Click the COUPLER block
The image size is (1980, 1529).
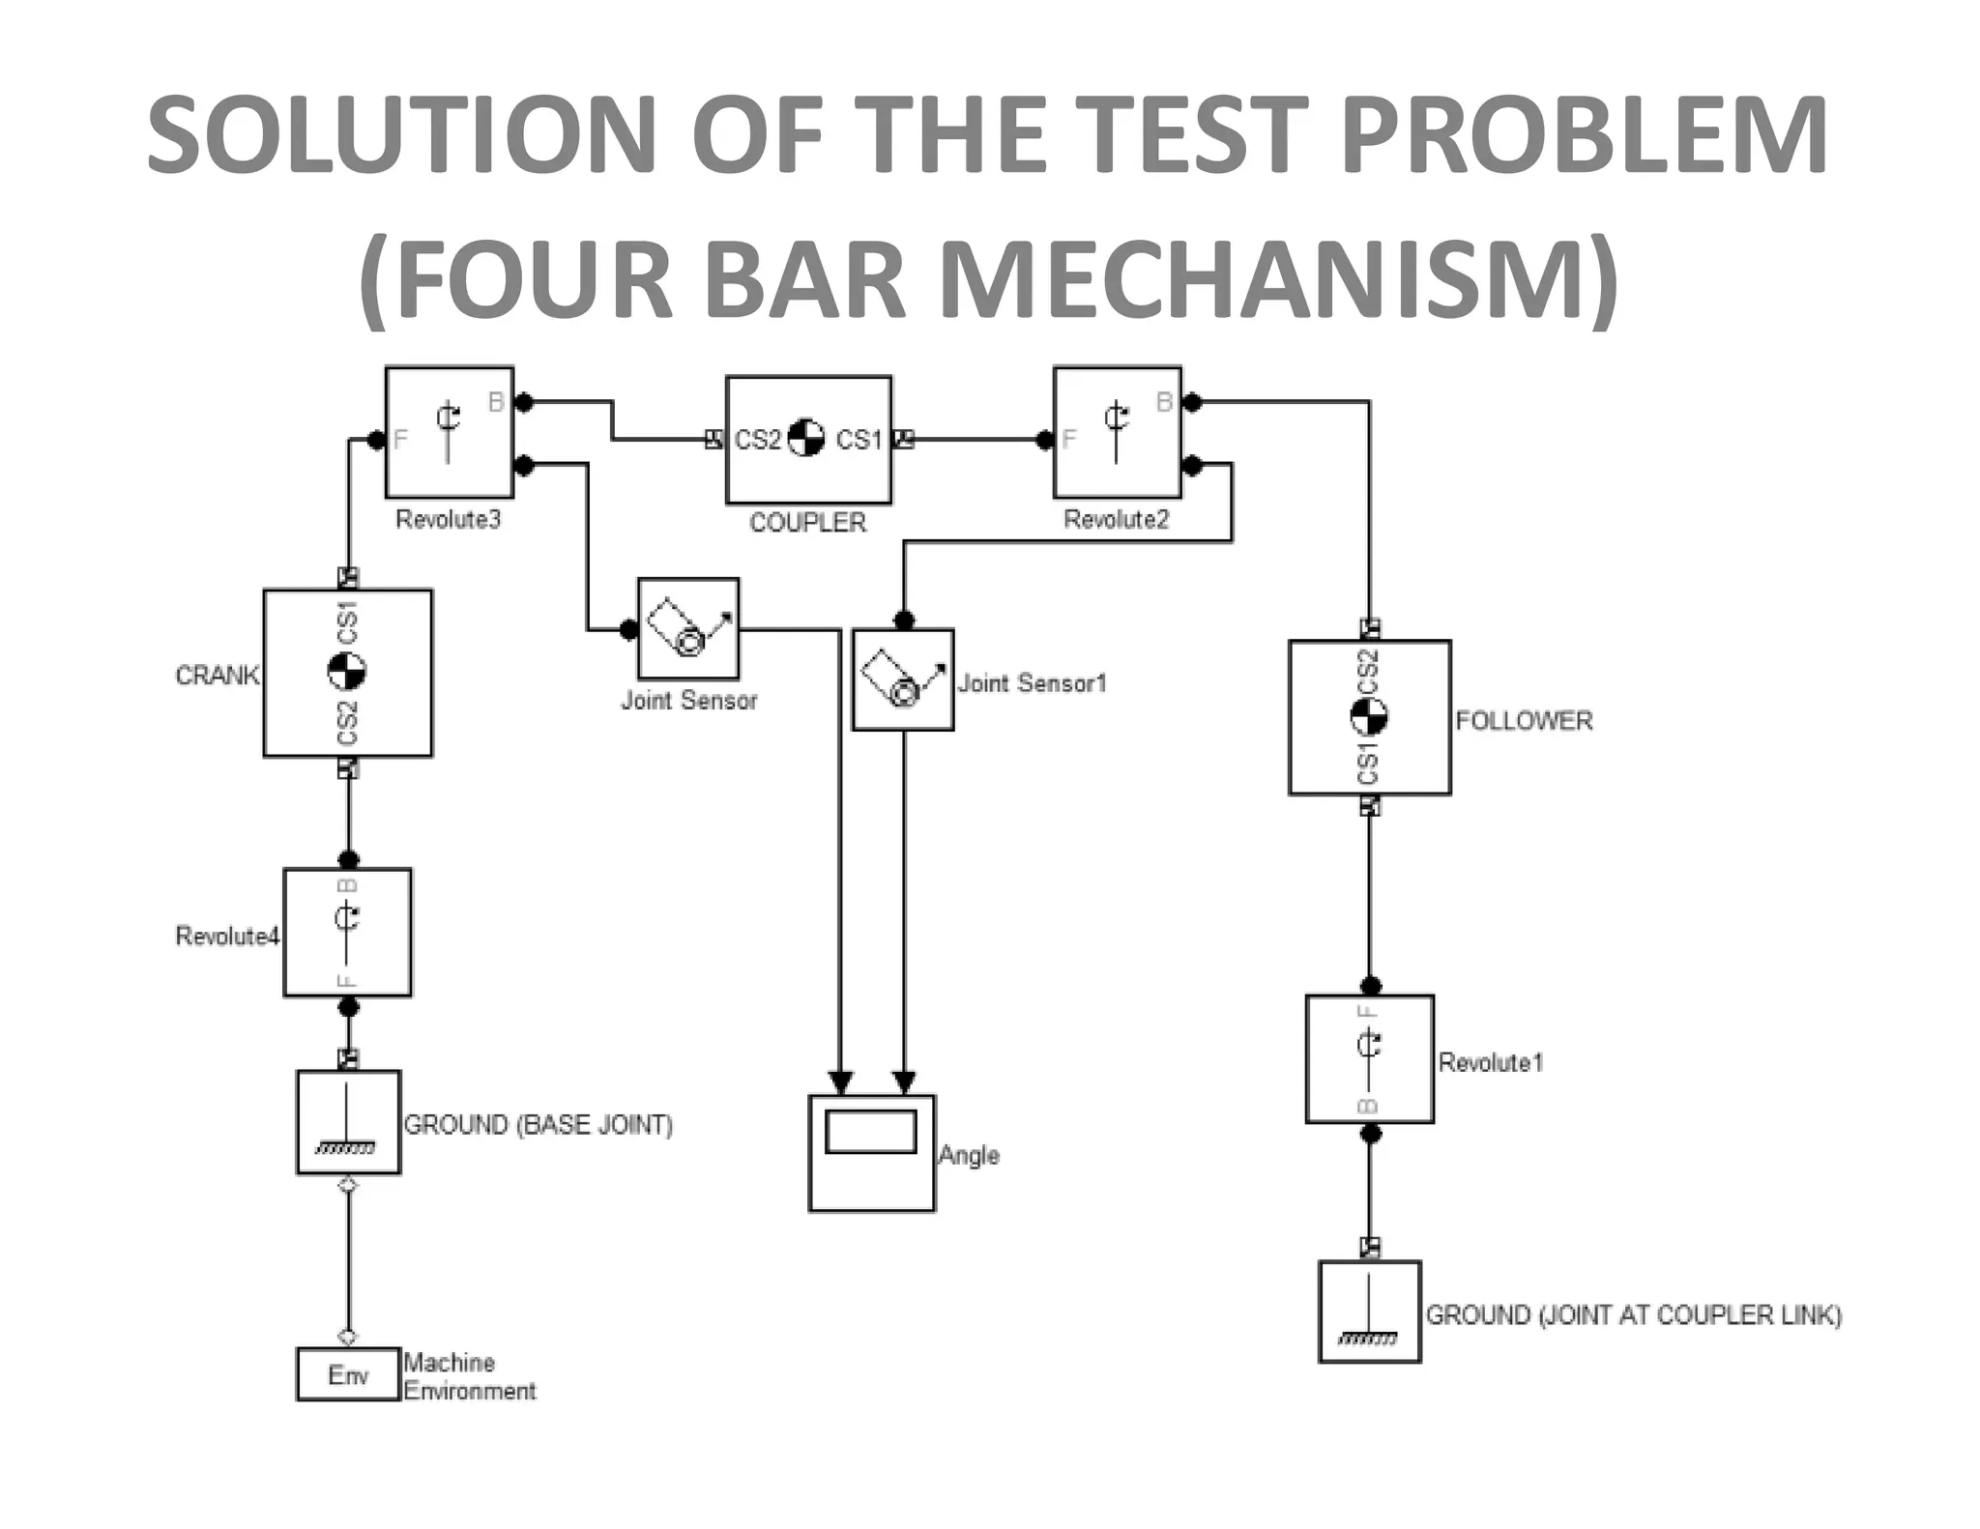(x=808, y=440)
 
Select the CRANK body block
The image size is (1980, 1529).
(x=348, y=673)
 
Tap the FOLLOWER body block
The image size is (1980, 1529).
(x=1369, y=717)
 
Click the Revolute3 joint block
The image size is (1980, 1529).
(x=449, y=432)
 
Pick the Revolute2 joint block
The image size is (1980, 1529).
(x=1117, y=432)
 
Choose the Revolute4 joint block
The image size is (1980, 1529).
(x=347, y=933)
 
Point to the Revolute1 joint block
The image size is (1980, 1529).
(x=1369, y=1059)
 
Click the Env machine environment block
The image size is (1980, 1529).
(x=347, y=1374)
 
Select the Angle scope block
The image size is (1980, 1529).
(x=871, y=1152)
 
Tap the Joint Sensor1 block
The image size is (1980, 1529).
(x=903, y=679)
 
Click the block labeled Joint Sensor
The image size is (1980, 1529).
(x=688, y=629)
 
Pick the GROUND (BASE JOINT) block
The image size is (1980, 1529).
(x=348, y=1122)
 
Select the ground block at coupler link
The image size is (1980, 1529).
(x=1369, y=1312)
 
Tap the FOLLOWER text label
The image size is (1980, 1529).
(x=1524, y=721)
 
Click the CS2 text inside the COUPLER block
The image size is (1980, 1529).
(x=757, y=441)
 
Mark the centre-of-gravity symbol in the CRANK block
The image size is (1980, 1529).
(x=347, y=672)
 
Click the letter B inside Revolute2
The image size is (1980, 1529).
(x=1164, y=402)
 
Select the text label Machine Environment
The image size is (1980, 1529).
(x=469, y=1376)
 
